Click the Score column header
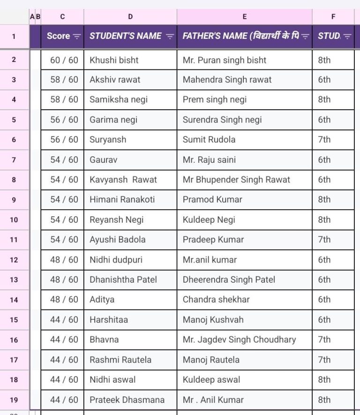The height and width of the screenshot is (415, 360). point(58,36)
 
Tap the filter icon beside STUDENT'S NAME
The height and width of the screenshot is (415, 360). point(170,36)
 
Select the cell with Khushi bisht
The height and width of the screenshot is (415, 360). point(114,60)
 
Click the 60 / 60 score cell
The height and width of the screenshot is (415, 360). point(64,60)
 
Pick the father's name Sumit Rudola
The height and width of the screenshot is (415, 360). point(209,139)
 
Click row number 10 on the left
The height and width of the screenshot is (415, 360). point(14,219)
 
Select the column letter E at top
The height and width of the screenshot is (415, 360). point(244,16)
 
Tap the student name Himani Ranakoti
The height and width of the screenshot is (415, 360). point(122,199)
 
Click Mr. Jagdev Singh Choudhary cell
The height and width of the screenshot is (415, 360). point(239,340)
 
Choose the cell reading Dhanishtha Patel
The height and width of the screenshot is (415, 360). point(123,279)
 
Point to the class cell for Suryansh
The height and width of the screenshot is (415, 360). point(324,139)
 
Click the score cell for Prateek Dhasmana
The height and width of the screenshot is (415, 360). point(64,400)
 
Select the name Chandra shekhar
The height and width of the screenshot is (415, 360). point(216,299)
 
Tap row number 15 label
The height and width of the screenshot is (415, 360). point(14,320)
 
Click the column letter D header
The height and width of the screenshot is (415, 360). point(130,16)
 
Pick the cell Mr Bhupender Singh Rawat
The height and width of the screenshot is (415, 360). point(236,180)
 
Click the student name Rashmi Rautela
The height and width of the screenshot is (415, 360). point(120,360)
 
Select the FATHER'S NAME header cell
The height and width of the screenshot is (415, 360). point(240,36)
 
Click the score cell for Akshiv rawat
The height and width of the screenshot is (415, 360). point(64,80)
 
